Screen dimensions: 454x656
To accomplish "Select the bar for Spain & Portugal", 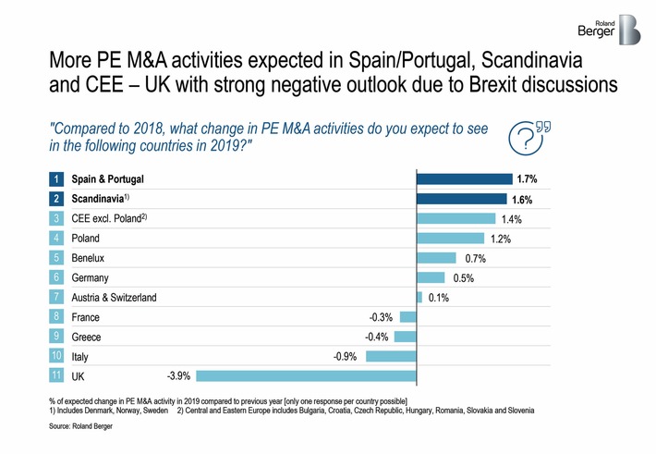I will tap(465, 178).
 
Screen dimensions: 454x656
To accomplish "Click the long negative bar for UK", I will tap(306, 375).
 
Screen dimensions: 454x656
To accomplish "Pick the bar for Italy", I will tap(391, 356).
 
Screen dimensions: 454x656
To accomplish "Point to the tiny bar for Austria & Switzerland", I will tap(419, 297).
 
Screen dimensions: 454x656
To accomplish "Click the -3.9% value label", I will tap(178, 375).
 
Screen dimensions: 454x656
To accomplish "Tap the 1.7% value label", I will tap(527, 178).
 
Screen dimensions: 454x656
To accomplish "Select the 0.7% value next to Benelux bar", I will tap(474, 258).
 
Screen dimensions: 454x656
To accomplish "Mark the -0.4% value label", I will tap(375, 337).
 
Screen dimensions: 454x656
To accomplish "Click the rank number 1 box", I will tap(56, 178).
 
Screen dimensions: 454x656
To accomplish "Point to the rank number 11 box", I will tap(56, 376).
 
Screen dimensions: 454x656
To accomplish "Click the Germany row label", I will tap(90, 277).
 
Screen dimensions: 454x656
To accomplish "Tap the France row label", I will tap(86, 317).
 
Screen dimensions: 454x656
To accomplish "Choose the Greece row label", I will tap(87, 337).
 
